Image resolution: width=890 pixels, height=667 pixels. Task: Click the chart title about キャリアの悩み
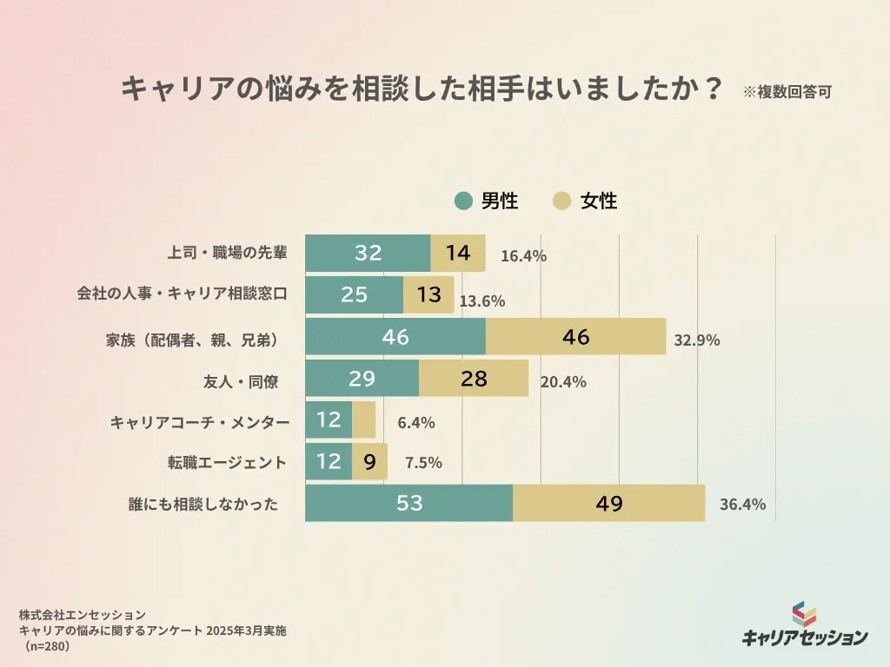tap(422, 89)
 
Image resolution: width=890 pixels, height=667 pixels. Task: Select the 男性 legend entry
tap(487, 201)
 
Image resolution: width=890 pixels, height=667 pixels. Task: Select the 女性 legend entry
tap(586, 201)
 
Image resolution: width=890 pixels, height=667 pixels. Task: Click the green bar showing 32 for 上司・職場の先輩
tap(368, 253)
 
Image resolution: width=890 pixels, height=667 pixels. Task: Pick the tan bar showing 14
tap(458, 253)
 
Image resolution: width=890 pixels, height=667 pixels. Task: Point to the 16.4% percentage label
tap(523, 255)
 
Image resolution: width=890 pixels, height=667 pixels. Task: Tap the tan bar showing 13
tap(428, 294)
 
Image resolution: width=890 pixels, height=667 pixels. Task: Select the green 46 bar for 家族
tap(395, 337)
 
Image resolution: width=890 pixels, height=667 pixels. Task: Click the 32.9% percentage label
tap(697, 340)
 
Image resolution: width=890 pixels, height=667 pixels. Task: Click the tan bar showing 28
tap(474, 379)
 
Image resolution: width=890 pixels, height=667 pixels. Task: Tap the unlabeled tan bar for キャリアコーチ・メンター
tap(364, 420)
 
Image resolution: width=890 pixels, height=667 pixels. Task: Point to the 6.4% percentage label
tap(415, 423)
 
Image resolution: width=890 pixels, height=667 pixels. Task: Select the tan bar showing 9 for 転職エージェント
tap(369, 462)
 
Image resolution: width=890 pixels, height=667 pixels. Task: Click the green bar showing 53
tap(408, 504)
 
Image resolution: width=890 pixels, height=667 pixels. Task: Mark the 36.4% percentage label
tap(742, 505)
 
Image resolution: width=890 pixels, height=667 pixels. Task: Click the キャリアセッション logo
tap(804, 625)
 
